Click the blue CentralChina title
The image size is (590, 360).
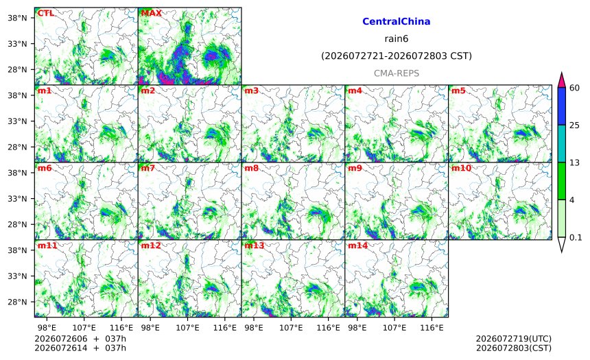[397, 21]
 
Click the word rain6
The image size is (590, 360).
[397, 39]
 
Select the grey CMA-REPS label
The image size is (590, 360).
[397, 73]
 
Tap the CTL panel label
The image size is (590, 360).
[45, 13]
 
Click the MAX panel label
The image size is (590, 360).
[151, 13]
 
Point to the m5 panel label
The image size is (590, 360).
[458, 91]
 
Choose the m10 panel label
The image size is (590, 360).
[461, 168]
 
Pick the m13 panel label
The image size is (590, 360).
[255, 245]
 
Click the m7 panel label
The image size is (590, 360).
[148, 168]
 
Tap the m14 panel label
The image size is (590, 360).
[358, 245]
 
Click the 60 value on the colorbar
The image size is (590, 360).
[575, 88]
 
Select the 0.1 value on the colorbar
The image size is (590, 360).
[576, 237]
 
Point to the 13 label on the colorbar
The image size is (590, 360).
[575, 163]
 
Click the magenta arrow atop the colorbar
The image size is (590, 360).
[561, 80]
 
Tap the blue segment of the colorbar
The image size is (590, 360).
[561, 106]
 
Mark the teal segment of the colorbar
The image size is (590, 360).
[561, 143]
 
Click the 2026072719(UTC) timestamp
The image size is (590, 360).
[514, 339]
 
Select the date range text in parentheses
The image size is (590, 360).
[397, 56]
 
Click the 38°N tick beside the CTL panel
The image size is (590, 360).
[17, 18]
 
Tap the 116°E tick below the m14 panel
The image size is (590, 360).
[432, 328]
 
